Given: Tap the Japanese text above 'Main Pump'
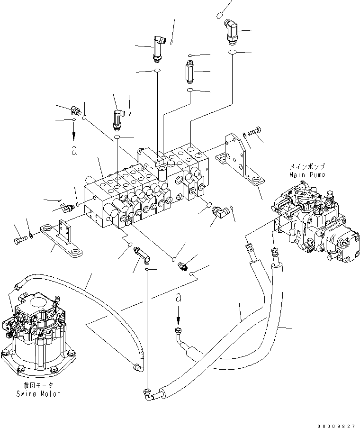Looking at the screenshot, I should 306,167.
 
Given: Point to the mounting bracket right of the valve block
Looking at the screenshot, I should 237,158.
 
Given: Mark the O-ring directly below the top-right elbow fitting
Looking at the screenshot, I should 232,51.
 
